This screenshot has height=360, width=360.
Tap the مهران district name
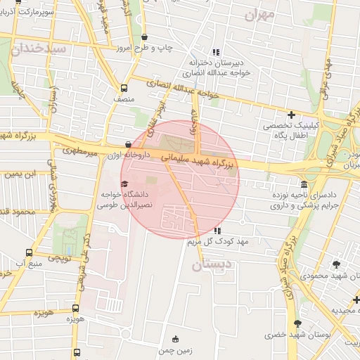[260, 15]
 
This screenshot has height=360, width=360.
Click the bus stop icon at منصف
[124, 89]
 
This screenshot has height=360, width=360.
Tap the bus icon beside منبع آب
[29, 253]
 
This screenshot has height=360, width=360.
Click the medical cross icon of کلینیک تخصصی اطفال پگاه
[291, 115]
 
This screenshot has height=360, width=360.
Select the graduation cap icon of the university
[114, 184]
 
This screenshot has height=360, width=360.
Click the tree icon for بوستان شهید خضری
[297, 323]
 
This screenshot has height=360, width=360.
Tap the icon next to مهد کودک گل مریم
[217, 231]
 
